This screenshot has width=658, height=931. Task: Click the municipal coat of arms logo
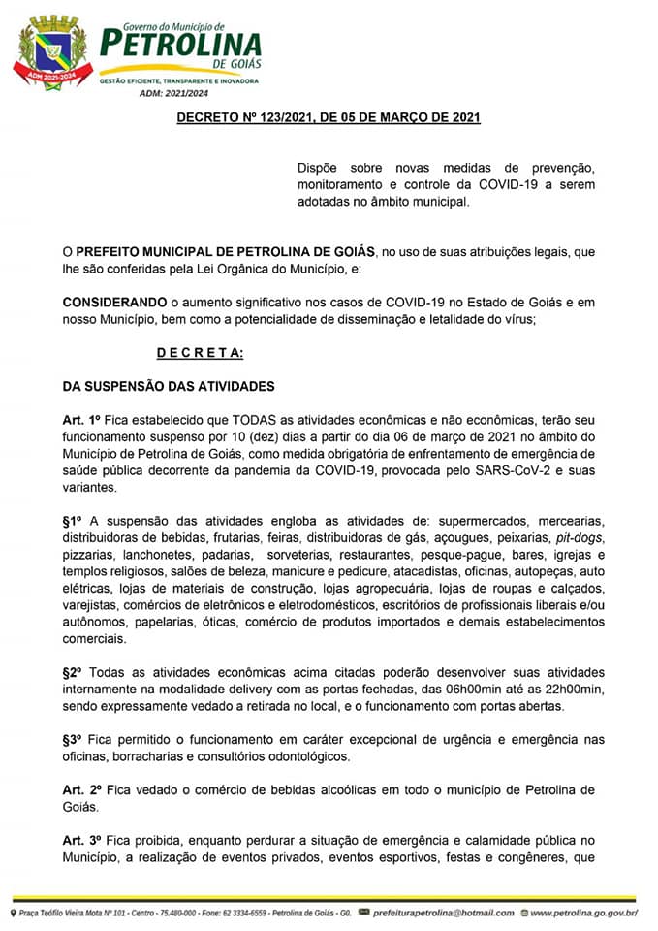click(51, 54)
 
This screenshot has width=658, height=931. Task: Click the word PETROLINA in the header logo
click(181, 44)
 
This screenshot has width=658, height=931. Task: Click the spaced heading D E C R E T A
click(200, 353)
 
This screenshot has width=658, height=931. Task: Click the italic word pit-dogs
click(580, 537)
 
